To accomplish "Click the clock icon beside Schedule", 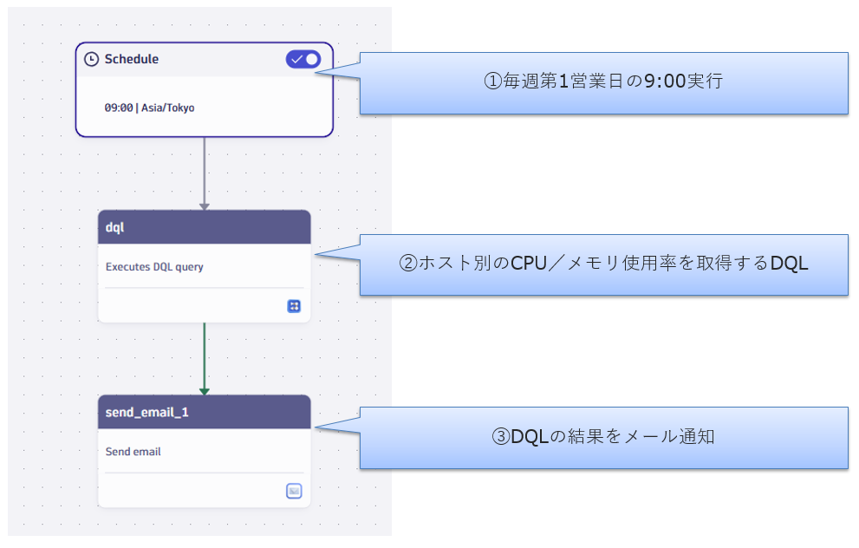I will (x=92, y=59).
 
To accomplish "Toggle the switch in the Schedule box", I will (x=303, y=59).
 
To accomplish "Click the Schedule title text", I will (x=132, y=59).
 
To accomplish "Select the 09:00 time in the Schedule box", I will (x=119, y=108).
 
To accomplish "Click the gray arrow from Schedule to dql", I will (x=205, y=173).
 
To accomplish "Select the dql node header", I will (x=204, y=226).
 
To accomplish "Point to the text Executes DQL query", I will (x=154, y=267).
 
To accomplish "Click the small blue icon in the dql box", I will (x=294, y=305).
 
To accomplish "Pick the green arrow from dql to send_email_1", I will (x=205, y=358).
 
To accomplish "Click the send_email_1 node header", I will (x=204, y=412).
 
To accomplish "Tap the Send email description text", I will (x=133, y=452).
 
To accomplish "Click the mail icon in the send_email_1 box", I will (x=294, y=491).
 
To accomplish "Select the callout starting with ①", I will (x=603, y=82).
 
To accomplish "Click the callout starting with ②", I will (x=603, y=264).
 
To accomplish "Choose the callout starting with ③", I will (x=603, y=437).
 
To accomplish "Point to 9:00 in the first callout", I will (x=665, y=82).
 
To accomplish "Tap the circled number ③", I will (x=501, y=437).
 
